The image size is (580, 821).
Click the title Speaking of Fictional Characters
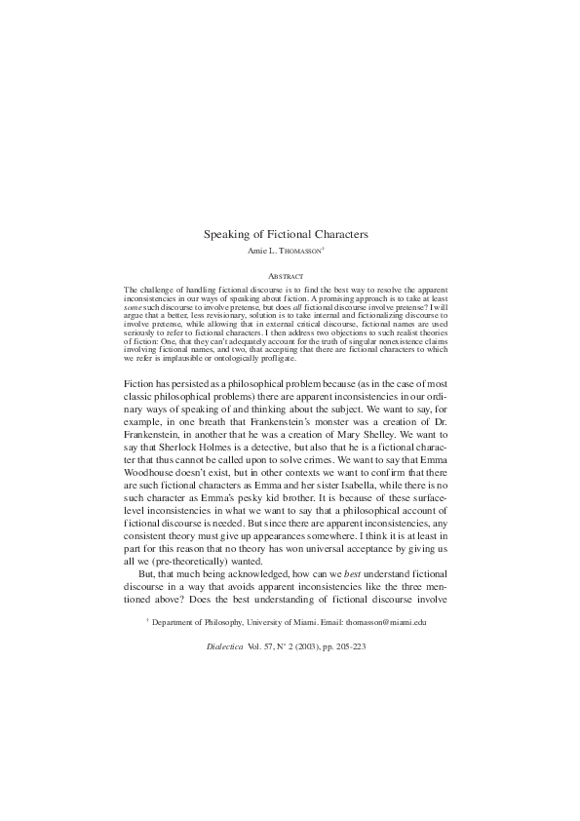pos(285,234)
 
